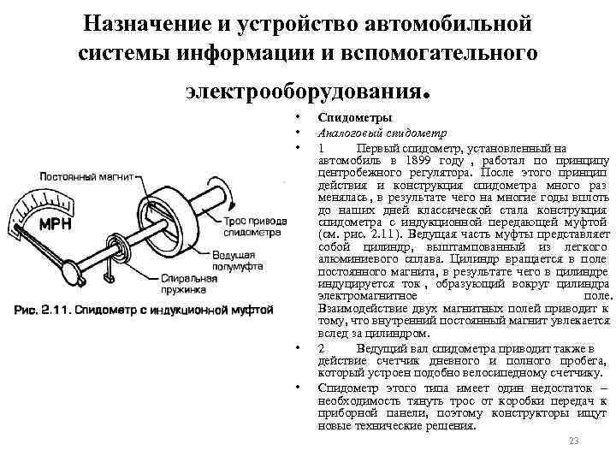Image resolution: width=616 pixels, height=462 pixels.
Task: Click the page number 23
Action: coord(574,441)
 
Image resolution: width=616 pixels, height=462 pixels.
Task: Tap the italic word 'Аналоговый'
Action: coord(346,132)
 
